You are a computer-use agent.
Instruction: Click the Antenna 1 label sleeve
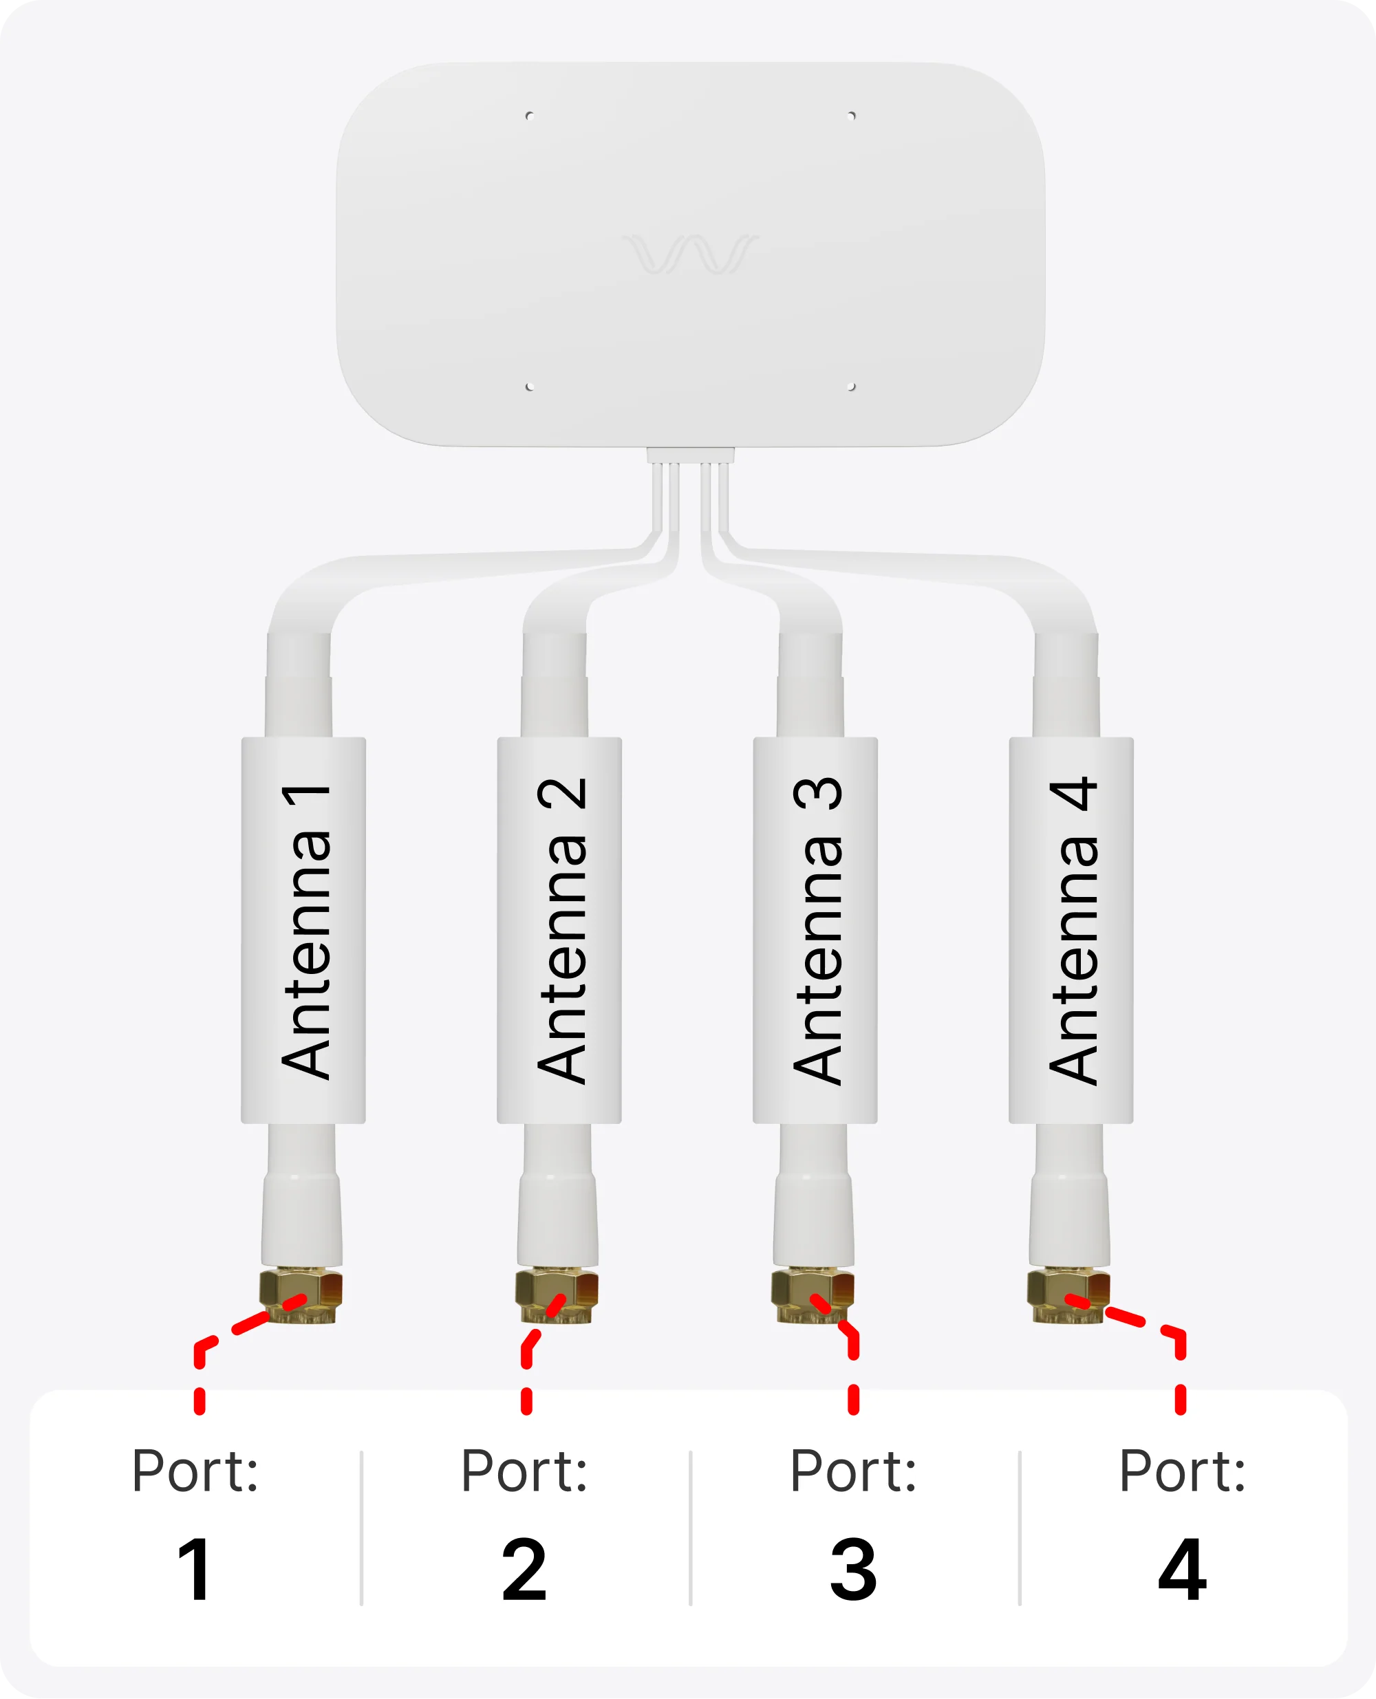[x=303, y=931]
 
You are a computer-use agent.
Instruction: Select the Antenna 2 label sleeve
[x=559, y=931]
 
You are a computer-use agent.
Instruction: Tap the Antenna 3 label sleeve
[x=815, y=931]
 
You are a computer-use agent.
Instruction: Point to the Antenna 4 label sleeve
[x=1071, y=931]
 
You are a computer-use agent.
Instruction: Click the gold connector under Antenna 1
[x=301, y=1296]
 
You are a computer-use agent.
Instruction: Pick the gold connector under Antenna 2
[x=557, y=1296]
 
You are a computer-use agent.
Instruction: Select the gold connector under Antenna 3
[x=813, y=1296]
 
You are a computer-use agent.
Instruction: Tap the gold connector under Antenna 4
[x=1069, y=1296]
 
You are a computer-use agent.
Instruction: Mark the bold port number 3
[x=854, y=1570]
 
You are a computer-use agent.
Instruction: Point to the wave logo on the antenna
[x=690, y=254]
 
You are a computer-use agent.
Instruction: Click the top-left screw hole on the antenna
[x=530, y=116]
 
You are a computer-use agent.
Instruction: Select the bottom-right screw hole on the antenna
[x=851, y=387]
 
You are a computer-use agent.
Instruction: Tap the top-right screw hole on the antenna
[x=851, y=116]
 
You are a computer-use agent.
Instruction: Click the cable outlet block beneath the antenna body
[x=690, y=455]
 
